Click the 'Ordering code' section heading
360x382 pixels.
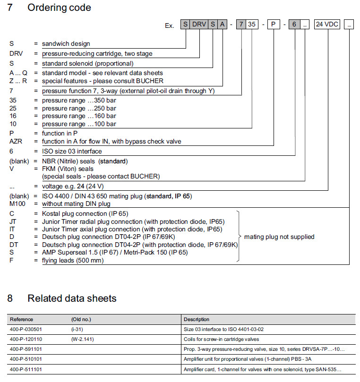[59, 8]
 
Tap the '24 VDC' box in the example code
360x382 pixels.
[327, 25]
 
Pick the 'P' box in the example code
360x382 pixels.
[274, 25]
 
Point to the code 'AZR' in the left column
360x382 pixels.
[16, 141]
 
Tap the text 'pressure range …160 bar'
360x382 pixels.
[79, 116]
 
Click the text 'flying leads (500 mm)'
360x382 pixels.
[72, 260]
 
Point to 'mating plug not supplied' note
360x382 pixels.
[279, 237]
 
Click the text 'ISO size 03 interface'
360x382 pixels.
[72, 152]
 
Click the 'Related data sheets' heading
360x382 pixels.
[72, 298]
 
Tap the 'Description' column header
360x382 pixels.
[197, 320]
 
